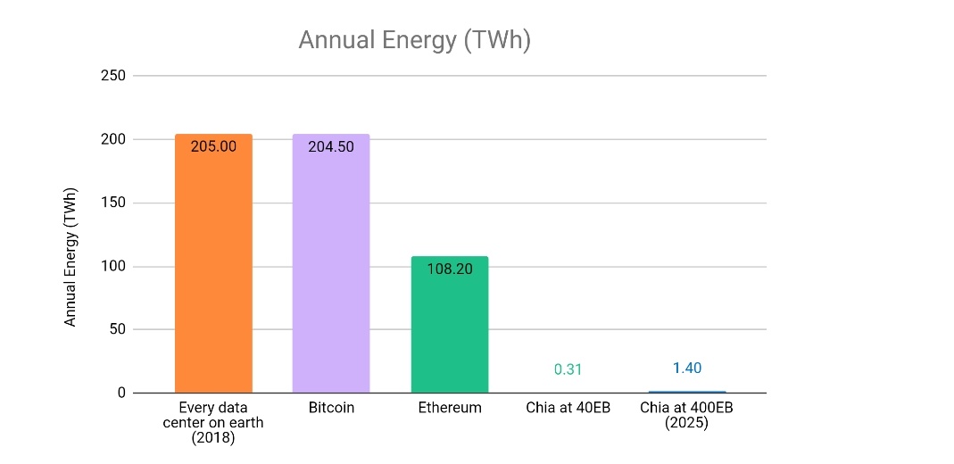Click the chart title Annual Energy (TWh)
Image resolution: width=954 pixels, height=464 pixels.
coord(415,41)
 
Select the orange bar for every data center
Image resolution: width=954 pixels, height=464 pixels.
coord(213,263)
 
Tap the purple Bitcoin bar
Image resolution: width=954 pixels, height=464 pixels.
coord(331,263)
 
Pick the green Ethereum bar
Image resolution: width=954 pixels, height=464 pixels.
coord(450,325)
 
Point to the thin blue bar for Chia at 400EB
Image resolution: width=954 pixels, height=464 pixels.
coord(686,393)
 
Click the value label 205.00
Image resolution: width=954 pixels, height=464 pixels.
coord(213,146)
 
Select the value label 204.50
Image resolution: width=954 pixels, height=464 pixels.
coord(331,146)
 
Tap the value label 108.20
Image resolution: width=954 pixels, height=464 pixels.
coord(450,269)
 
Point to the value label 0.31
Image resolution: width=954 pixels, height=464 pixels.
coord(568,369)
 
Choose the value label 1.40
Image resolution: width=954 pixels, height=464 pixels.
coord(686,368)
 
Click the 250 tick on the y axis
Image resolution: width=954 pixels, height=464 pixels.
coord(113,76)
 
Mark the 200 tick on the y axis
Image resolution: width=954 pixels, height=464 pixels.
coord(113,139)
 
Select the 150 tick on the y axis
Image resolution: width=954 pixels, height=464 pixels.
coord(113,203)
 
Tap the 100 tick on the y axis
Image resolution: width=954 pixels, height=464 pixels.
coord(113,267)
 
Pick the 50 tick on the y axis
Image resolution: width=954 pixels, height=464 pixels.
coord(118,329)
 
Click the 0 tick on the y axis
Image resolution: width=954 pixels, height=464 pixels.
coord(122,394)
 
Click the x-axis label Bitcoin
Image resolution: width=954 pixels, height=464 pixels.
coord(331,408)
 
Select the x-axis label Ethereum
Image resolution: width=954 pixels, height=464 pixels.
coord(450,408)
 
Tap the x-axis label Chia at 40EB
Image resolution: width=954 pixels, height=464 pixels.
coord(568,408)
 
